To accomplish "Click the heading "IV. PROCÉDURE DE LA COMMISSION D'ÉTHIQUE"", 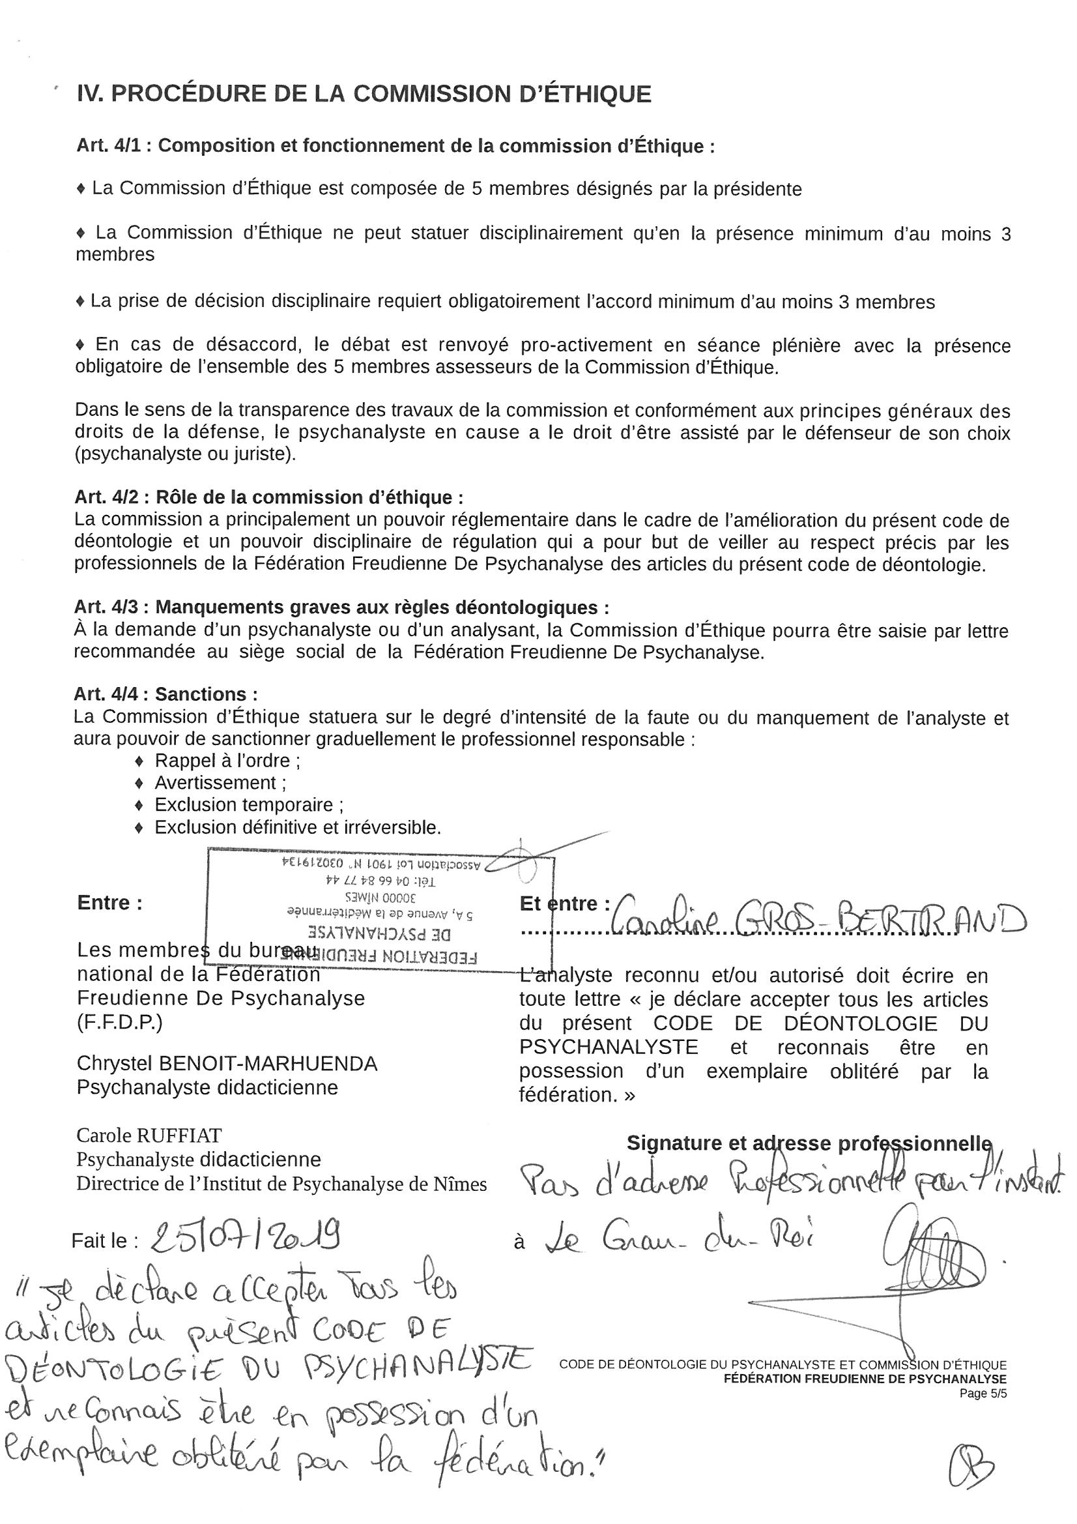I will point(364,94).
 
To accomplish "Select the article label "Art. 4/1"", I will point(109,145).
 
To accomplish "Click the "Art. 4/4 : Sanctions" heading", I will point(165,694).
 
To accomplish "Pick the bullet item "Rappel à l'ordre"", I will point(226,761).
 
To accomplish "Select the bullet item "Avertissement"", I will point(219,784).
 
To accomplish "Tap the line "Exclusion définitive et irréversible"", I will point(297,828).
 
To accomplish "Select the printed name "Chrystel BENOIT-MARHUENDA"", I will point(227,1063).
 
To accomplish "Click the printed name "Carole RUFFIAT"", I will point(149,1134).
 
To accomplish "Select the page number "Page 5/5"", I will point(983,1394).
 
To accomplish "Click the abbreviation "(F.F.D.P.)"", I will point(119,1022).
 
